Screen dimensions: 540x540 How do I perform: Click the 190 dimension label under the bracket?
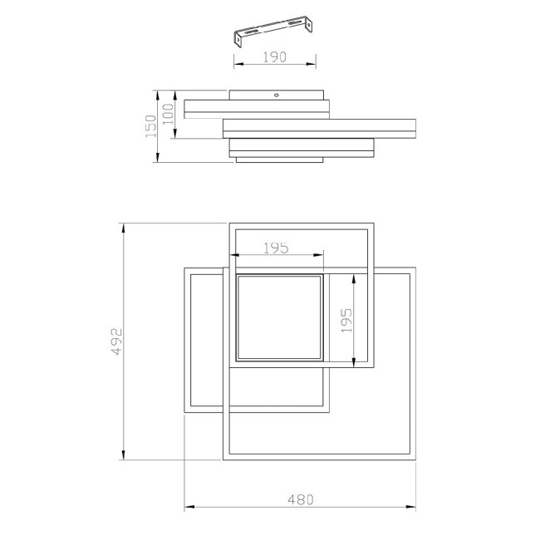point(274,57)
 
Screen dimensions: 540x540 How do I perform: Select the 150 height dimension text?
point(151,127)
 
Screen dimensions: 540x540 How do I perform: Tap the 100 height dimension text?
point(169,111)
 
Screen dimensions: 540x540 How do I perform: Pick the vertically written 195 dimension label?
point(346,320)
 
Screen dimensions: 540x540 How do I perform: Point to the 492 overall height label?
point(116,341)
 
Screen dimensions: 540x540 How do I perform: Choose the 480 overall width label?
point(300,499)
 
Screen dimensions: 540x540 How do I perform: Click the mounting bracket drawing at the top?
point(273,32)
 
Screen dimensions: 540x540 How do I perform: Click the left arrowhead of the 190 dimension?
point(235,65)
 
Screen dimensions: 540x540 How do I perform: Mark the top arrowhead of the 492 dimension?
point(124,225)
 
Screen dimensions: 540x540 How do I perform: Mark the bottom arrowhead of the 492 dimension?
point(124,458)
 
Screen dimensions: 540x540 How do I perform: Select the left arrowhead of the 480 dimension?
point(187,507)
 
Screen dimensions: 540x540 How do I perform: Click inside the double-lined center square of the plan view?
point(279,317)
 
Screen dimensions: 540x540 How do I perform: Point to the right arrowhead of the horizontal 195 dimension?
point(322,255)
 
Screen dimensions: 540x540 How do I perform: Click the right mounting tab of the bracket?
point(310,27)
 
